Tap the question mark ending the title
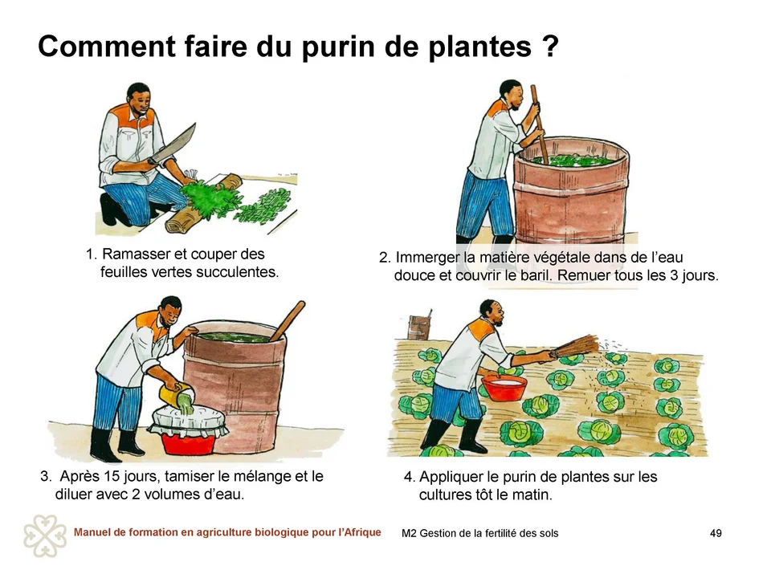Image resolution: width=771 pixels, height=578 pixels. (x=551, y=46)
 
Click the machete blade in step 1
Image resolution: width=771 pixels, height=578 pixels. (x=174, y=144)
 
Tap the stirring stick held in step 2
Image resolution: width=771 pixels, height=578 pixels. (x=539, y=124)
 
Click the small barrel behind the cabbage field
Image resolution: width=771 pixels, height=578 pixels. (x=419, y=327)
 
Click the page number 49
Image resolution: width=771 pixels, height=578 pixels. (x=716, y=533)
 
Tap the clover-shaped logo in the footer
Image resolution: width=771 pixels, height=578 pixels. (x=45, y=536)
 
